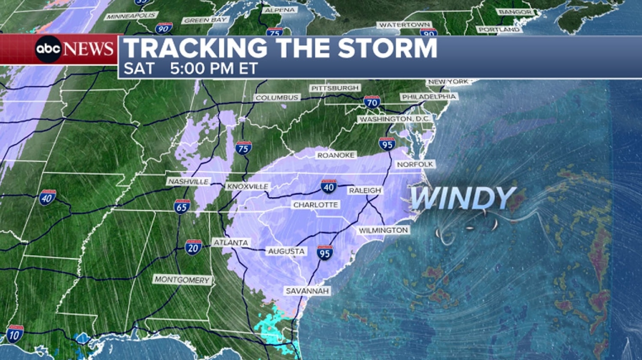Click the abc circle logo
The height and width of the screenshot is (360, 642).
[48, 49]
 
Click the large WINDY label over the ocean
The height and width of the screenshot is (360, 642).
[462, 198]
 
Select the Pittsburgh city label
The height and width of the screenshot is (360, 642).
[335, 88]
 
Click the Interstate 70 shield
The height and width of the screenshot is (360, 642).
[372, 102]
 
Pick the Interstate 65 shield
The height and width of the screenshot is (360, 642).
[182, 207]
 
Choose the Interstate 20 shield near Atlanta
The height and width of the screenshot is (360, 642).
[193, 247]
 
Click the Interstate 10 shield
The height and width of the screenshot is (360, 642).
[14, 334]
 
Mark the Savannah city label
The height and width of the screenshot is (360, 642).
[307, 291]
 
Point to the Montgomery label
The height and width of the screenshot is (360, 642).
[182, 280]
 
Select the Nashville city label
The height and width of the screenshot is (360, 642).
[188, 181]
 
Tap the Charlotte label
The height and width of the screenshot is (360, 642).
[315, 205]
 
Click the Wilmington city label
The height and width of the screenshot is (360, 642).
[383, 230]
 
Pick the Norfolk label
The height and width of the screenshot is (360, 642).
[415, 164]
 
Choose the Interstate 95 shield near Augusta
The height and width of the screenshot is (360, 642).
[324, 253]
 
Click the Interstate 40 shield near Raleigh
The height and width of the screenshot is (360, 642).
[329, 186]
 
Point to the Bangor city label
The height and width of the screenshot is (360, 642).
[515, 12]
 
